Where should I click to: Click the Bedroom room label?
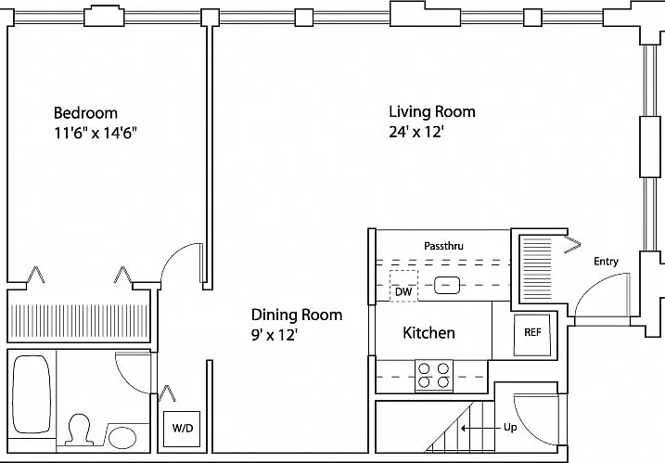pos(85,113)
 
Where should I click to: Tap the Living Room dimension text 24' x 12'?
pos(416,133)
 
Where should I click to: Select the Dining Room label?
pos(297,315)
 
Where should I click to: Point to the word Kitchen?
pos(428,332)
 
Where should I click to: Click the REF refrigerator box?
pos(532,335)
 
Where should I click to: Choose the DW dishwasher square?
pos(403,287)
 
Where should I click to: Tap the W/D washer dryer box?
pos(183,428)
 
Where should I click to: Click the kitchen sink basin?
pos(447,285)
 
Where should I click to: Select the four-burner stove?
pos(434,376)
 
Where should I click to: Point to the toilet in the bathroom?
pos(80,430)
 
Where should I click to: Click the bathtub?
pos(32,393)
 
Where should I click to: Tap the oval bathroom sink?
pos(122,438)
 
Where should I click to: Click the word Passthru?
pos(443,246)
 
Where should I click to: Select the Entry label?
pos(606,262)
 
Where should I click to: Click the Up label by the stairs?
pos(510,427)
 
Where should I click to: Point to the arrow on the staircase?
pos(480,428)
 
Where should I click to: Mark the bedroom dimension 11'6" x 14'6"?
pos(96,134)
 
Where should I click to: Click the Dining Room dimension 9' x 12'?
pos(274,335)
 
